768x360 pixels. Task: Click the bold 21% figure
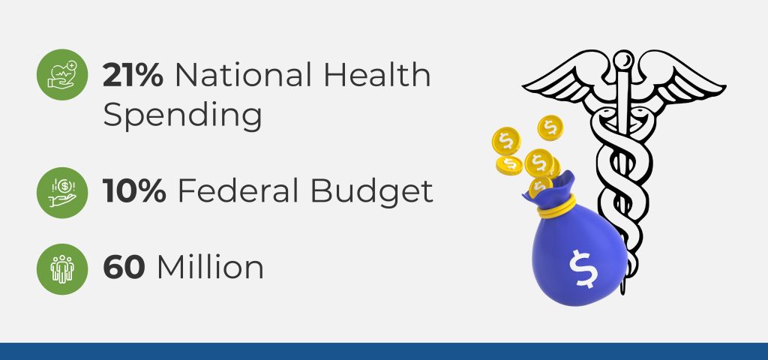[x=133, y=75]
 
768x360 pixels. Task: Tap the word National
[x=244, y=75]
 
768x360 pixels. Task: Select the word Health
[x=377, y=75]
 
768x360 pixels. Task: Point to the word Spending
[x=182, y=116]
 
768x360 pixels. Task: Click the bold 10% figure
[x=134, y=191]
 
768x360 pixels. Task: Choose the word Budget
[x=372, y=192]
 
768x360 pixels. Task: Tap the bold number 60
[x=124, y=267]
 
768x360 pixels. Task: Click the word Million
[x=210, y=266]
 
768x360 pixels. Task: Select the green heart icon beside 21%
[x=62, y=75]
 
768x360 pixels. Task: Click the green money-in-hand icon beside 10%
[x=62, y=193]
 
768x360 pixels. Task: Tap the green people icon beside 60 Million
[x=62, y=269]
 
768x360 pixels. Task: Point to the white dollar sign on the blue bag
[x=582, y=268]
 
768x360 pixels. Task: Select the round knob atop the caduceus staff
[x=623, y=60]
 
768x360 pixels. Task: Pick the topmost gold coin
[x=550, y=127]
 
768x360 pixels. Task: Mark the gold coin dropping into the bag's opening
[x=540, y=187]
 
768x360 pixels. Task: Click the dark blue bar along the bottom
[x=384, y=351]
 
